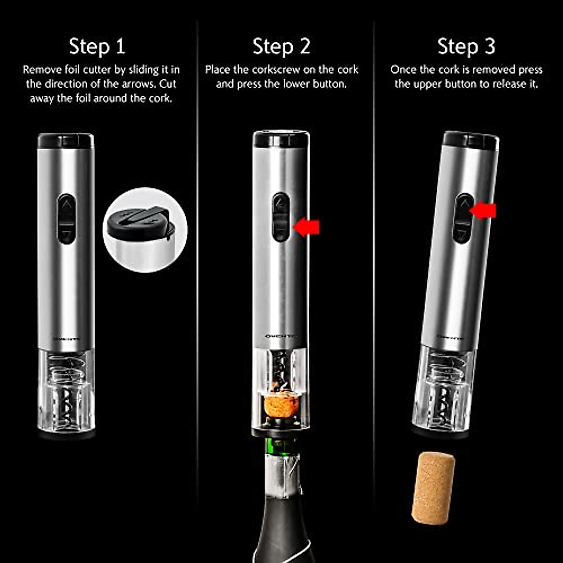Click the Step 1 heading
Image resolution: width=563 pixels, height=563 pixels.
[x=97, y=46]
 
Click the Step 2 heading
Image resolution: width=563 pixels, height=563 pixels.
[x=281, y=46]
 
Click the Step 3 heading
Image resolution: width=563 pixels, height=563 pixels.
[x=466, y=46]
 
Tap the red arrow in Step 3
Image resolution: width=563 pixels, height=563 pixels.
[x=483, y=211]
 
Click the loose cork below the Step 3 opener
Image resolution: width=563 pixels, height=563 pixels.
[x=433, y=488]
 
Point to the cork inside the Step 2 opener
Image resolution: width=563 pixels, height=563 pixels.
[x=281, y=406]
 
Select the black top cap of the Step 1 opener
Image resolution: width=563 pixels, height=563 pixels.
[x=66, y=140]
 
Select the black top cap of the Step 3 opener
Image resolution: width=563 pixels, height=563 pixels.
[x=471, y=140]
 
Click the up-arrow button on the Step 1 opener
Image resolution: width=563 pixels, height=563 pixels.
[x=67, y=205]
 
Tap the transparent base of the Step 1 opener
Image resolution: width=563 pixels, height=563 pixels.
[x=66, y=392]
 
